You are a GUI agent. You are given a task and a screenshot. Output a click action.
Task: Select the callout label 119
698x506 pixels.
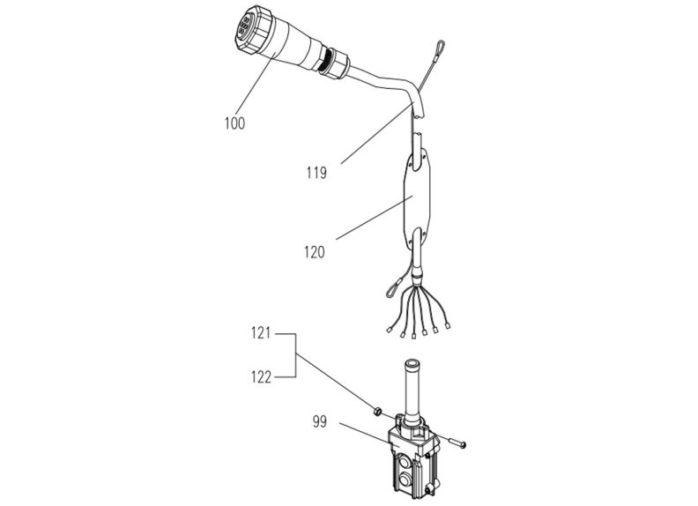tap(316, 174)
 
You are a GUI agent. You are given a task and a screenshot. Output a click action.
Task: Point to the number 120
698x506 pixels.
tap(313, 252)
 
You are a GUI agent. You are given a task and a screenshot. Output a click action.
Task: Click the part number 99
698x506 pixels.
tap(319, 422)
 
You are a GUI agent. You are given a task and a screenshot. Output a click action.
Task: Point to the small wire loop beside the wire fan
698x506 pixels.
tap(390, 284)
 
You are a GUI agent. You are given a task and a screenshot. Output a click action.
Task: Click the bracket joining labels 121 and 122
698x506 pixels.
tap(293, 355)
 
